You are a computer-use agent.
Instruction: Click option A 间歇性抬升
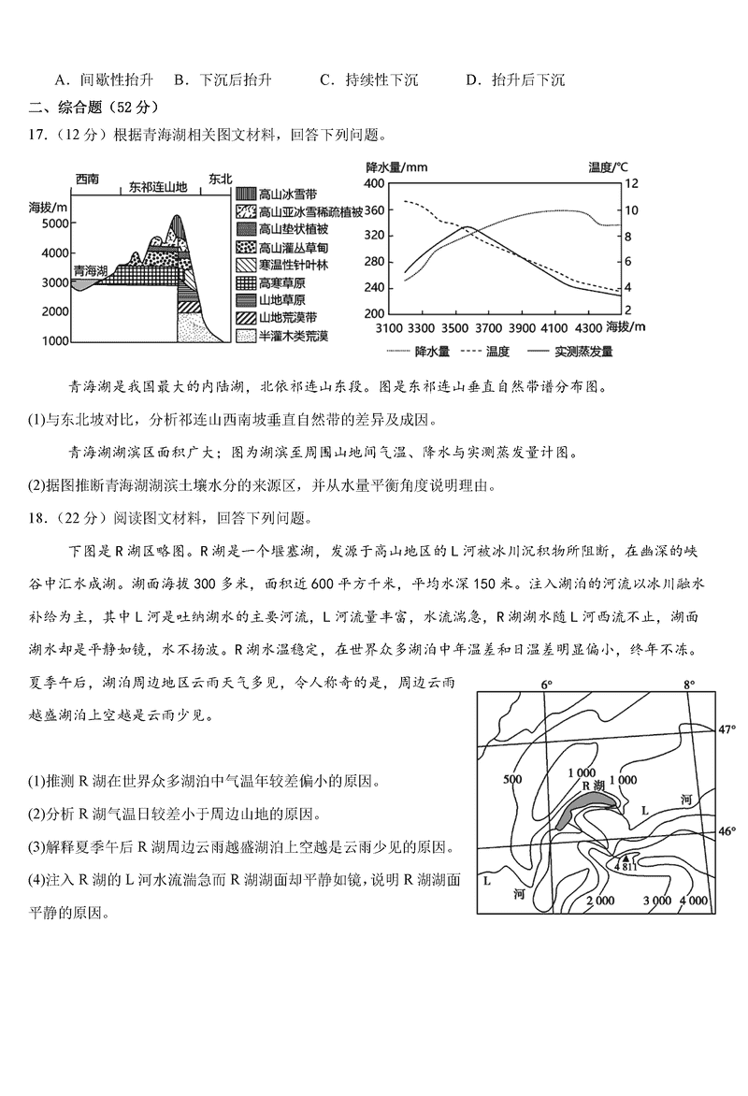93,79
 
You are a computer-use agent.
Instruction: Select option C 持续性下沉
368,79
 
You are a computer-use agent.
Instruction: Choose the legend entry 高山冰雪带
288,195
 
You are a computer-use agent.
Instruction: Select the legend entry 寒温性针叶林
295,265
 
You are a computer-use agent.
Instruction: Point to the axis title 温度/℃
609,166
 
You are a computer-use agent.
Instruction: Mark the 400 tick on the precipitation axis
373,183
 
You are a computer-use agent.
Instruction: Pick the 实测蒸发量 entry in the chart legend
583,352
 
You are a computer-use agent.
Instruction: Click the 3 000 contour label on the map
658,900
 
